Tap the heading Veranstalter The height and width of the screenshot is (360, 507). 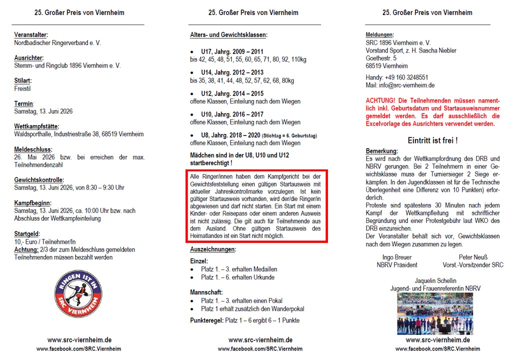point(31,35)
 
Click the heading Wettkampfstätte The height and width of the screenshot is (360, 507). point(36,126)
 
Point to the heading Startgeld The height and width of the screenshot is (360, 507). point(27,233)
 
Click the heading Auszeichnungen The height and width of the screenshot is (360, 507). point(213,249)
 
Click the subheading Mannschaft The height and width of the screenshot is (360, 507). point(206,292)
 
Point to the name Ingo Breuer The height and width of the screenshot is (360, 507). point(397,257)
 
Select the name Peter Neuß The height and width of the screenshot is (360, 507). point(472,257)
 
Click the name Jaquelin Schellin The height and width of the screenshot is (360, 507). point(435,280)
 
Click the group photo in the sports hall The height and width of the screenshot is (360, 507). point(435,313)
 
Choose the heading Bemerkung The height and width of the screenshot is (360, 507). point(382,151)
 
